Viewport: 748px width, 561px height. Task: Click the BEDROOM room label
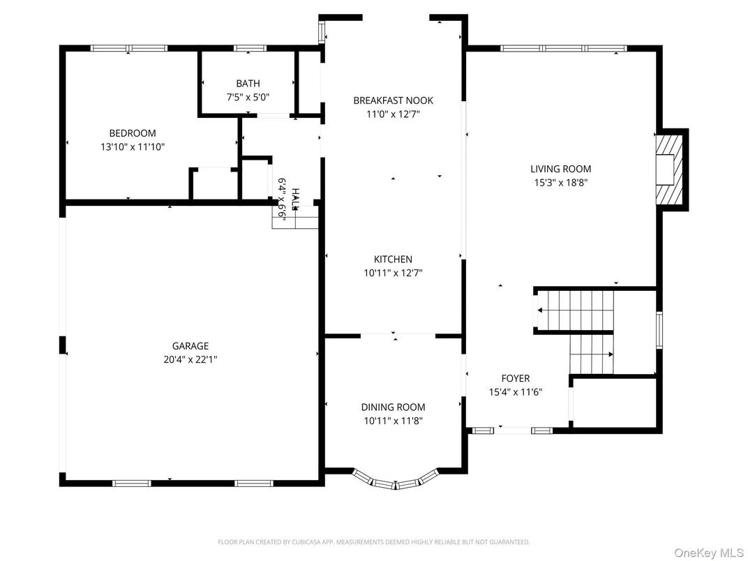pyautogui.click(x=132, y=133)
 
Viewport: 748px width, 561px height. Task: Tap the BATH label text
pyautogui.click(x=248, y=84)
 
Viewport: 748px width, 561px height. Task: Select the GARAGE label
pyautogui.click(x=190, y=346)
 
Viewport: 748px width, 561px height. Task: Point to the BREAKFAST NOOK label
pyautogui.click(x=393, y=100)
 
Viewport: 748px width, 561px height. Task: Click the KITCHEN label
pyautogui.click(x=393, y=260)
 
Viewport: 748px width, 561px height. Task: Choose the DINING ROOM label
pyautogui.click(x=393, y=407)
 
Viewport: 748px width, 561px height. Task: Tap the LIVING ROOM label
pyautogui.click(x=560, y=169)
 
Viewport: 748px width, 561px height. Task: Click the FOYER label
pyautogui.click(x=515, y=379)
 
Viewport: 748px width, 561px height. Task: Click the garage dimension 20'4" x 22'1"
pyautogui.click(x=190, y=359)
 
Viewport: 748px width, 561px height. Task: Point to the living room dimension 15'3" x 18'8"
pyautogui.click(x=560, y=183)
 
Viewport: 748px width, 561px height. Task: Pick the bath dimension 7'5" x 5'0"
pyautogui.click(x=248, y=98)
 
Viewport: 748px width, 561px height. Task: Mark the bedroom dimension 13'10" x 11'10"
pyautogui.click(x=132, y=147)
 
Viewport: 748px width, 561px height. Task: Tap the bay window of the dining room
pyautogui.click(x=396, y=481)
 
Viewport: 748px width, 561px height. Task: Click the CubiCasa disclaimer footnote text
pyautogui.click(x=373, y=541)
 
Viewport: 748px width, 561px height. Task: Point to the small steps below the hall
pyautogui.click(x=295, y=218)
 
